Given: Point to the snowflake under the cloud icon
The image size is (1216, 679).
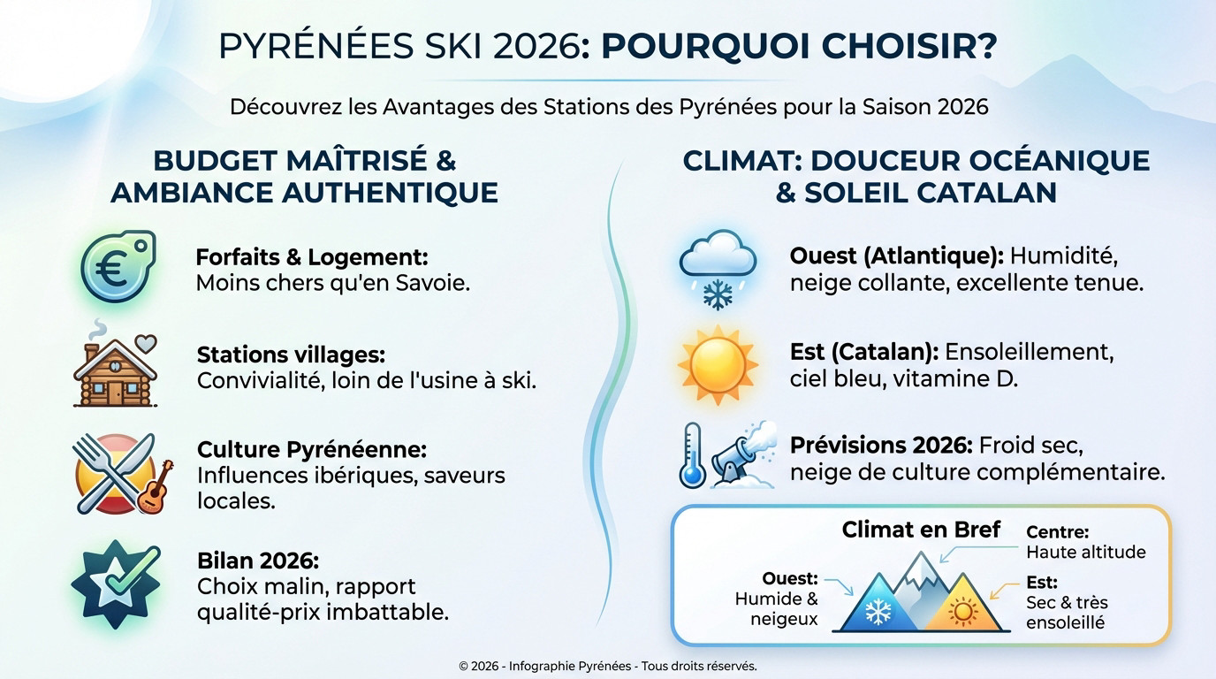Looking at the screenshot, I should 717,294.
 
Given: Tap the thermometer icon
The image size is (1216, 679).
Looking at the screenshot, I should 692,454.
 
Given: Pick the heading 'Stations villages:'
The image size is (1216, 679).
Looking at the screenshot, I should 291,355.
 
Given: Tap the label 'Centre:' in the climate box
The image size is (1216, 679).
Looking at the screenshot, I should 1057,532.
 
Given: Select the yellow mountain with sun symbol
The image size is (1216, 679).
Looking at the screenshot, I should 961,608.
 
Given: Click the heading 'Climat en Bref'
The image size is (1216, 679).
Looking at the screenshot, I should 921,530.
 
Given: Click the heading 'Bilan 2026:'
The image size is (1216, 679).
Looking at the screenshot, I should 257,561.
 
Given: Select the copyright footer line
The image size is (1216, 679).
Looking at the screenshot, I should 608,666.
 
